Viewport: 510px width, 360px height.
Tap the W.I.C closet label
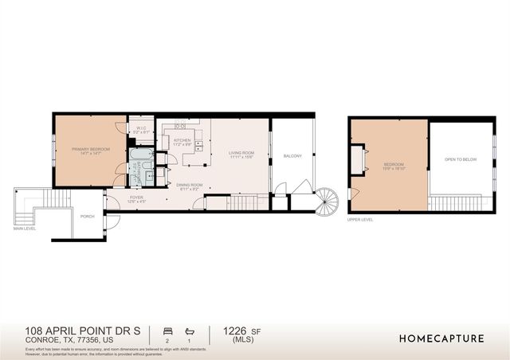(x=140, y=130)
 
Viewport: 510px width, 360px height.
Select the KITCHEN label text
(x=182, y=141)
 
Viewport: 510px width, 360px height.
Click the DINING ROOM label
(x=190, y=186)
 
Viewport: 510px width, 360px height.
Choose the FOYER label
(x=136, y=199)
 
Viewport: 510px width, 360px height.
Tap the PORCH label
(x=87, y=215)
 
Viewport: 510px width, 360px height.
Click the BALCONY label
(x=292, y=156)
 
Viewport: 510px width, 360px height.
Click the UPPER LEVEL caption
(x=360, y=219)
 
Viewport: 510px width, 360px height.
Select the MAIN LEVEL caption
(x=24, y=229)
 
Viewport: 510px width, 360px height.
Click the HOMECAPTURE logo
(x=441, y=338)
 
